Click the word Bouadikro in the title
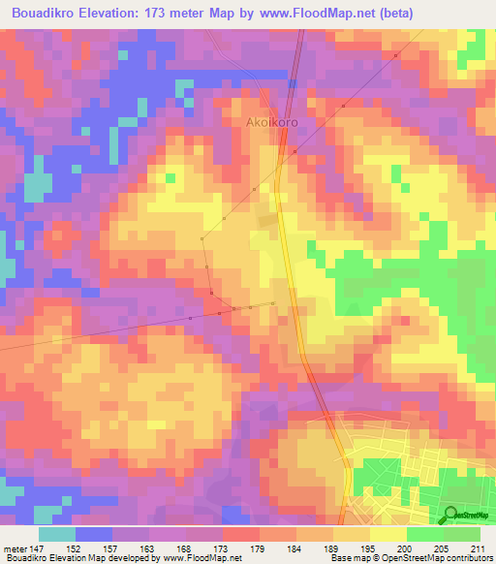(46, 14)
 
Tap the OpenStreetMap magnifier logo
(450, 515)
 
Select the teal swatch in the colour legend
(56, 535)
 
